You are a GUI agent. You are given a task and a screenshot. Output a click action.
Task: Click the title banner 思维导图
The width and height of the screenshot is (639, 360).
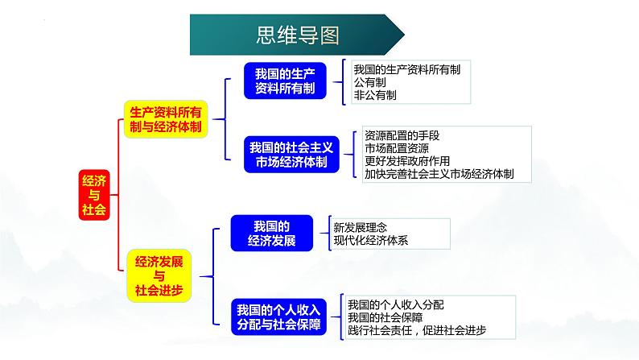coord(297,35)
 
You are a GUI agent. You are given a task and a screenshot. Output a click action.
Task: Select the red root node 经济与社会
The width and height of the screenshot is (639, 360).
coord(94,195)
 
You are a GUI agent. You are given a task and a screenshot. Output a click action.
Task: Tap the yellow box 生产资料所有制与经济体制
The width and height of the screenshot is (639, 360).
coord(166,119)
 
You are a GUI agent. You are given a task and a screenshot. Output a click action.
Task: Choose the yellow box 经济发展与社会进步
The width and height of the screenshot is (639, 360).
coord(159,275)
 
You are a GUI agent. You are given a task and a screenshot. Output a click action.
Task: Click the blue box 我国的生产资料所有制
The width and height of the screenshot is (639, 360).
coord(285,81)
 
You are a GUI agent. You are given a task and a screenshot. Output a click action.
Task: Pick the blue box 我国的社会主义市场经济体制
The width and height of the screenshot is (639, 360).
coord(291,155)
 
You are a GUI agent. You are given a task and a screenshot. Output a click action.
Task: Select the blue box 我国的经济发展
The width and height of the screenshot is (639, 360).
coord(272,234)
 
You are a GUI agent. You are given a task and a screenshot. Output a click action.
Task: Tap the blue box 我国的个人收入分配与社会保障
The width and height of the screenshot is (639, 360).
coord(278,317)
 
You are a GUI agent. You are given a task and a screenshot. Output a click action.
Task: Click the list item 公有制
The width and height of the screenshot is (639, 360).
coord(369,82)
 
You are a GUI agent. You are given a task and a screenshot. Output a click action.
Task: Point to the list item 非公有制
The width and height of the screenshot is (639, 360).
coord(375,95)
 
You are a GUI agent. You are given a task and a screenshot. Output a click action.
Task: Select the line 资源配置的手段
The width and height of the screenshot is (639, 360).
coord(402,135)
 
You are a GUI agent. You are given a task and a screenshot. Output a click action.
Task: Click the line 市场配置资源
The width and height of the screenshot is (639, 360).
coord(397,148)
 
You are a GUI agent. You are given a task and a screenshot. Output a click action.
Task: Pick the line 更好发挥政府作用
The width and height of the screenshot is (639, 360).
coord(407,161)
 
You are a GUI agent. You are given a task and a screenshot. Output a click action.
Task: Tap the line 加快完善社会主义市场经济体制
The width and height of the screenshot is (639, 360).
coord(439,174)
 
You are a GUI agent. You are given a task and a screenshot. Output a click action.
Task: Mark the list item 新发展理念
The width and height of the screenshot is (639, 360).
coord(360,227)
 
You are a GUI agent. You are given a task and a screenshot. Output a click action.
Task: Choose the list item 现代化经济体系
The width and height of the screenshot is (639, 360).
coord(370,240)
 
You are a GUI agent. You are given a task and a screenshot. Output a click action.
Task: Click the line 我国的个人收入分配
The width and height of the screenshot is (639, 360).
coord(395,304)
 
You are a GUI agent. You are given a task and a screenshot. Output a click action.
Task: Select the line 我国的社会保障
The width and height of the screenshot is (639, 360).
coord(385,317)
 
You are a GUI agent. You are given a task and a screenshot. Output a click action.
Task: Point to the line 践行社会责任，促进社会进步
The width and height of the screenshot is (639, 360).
coord(417,330)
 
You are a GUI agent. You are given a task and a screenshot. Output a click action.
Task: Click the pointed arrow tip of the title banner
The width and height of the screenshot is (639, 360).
coord(404,35)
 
